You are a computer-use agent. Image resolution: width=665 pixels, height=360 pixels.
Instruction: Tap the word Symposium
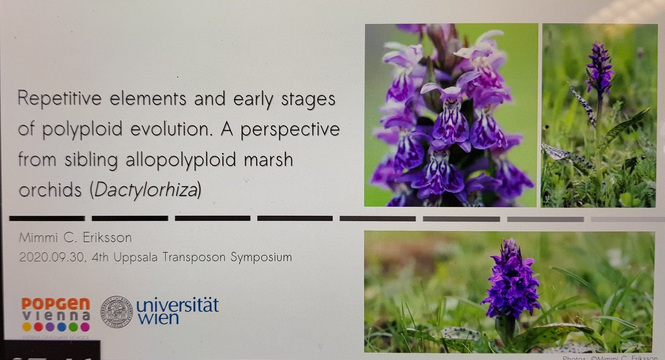pos(262,258)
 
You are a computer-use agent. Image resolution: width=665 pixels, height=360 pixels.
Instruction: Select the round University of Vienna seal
pos(116,311)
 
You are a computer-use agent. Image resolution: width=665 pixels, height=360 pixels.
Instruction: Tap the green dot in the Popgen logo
pos(73,327)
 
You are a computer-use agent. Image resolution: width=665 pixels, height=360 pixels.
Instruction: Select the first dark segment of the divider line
pos(47,218)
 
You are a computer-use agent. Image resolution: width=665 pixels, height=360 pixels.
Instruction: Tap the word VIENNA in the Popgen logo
pos(55,316)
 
